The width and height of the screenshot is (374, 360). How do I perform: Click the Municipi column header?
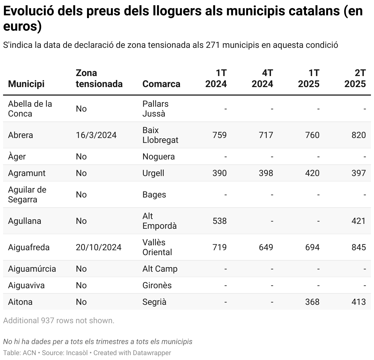tap(26, 84)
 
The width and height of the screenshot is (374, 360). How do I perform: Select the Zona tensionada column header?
tap(99, 79)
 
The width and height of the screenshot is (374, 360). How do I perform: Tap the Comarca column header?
tap(161, 84)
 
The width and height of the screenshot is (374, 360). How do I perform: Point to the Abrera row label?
tap(21, 135)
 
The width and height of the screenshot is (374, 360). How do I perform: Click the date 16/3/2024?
tap(96, 135)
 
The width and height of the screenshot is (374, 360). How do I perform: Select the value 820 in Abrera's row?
tap(359, 135)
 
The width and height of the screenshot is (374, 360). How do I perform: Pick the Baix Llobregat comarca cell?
tap(160, 135)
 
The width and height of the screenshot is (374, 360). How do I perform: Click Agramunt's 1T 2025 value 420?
tap(312, 173)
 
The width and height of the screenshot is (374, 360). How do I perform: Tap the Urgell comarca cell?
tap(153, 173)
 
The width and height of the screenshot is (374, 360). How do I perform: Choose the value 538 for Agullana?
tap(219, 221)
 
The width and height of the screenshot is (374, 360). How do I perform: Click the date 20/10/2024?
tap(99, 247)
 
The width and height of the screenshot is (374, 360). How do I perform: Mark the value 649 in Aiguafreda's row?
tap(266, 247)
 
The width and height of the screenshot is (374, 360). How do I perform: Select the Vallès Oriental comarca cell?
tap(157, 247)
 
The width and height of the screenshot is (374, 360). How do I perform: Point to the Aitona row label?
tap(20, 302)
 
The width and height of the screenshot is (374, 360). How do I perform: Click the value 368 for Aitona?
tap(312, 302)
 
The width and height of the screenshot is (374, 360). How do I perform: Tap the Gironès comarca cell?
tap(157, 285)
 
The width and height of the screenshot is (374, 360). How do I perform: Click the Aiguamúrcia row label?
tap(32, 269)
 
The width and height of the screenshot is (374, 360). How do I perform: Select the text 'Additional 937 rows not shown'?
tap(59, 320)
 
